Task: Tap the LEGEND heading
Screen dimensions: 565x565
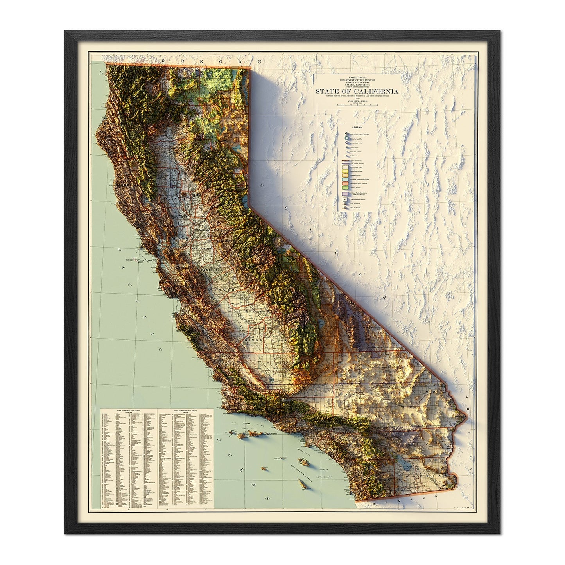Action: (357, 127)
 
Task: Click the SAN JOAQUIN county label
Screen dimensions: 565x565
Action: (202, 249)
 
